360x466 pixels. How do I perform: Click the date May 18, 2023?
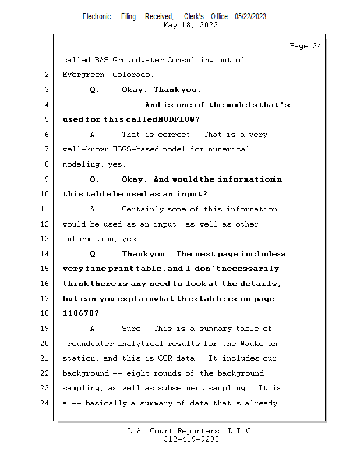click(x=191, y=25)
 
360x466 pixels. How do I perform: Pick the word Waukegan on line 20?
click(x=259, y=344)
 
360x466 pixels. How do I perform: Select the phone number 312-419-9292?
click(x=191, y=439)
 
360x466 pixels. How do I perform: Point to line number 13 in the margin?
click(x=46, y=239)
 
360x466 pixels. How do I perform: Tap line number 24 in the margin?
click(x=46, y=403)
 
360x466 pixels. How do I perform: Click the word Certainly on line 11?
click(x=142, y=209)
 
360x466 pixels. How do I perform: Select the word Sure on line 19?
click(x=132, y=329)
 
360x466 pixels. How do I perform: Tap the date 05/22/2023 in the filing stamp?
click(x=250, y=16)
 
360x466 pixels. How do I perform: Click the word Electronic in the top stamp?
click(x=97, y=16)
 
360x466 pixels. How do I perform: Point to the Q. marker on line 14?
click(x=94, y=254)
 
